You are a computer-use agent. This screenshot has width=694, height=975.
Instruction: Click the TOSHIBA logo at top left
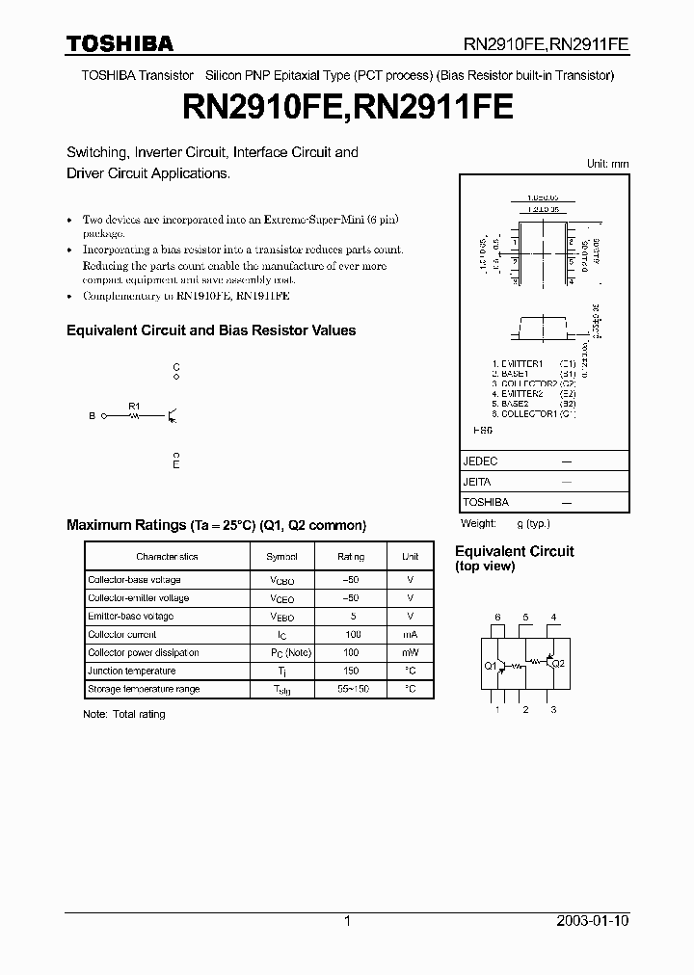tap(120, 43)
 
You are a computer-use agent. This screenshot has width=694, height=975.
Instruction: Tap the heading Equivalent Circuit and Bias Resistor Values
tap(211, 330)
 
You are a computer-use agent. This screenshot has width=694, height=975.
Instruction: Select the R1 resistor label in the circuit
tap(134, 406)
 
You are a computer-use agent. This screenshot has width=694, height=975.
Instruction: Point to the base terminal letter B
tap(93, 416)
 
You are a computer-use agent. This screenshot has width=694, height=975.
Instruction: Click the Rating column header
tap(351, 557)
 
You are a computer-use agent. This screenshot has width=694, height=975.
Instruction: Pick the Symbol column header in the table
tap(281, 557)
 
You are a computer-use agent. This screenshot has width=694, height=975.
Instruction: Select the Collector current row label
tap(121, 635)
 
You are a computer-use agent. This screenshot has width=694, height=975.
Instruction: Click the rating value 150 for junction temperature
tap(351, 672)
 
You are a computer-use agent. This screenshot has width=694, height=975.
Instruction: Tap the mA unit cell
tap(410, 635)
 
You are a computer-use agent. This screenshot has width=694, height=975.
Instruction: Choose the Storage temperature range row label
tap(144, 690)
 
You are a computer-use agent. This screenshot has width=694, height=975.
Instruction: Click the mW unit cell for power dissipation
tap(410, 653)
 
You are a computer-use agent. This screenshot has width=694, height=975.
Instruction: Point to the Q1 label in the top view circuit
tap(490, 666)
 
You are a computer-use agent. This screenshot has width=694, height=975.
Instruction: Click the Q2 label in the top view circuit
tap(559, 663)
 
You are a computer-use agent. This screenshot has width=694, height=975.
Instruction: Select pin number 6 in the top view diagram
tap(497, 617)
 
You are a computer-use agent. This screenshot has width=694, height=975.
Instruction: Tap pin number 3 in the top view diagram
tap(553, 710)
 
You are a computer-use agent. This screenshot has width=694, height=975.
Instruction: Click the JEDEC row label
tap(480, 461)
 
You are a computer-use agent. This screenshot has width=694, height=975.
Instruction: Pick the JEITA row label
tap(477, 482)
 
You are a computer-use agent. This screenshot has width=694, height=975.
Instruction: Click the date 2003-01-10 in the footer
tap(592, 921)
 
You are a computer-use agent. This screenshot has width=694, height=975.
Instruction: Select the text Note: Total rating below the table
tap(124, 714)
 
